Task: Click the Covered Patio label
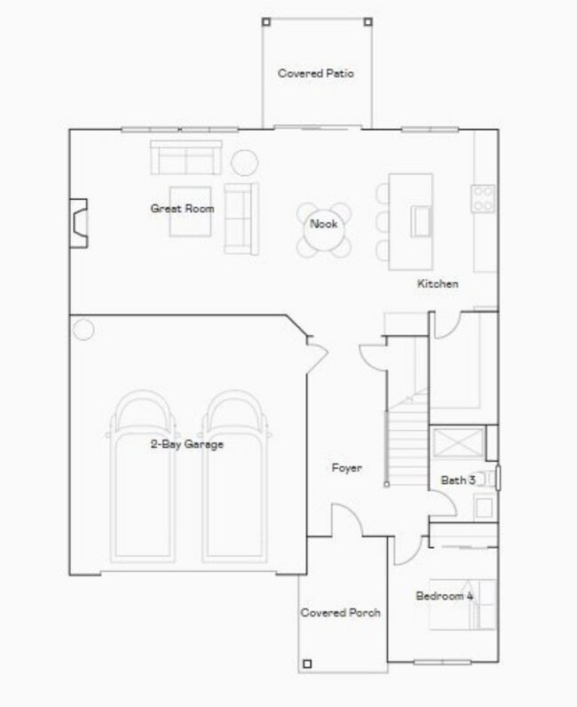315,74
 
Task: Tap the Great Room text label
182,209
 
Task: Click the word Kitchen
438,284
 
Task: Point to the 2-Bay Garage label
186,444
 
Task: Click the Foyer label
346,468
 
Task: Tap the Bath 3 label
458,481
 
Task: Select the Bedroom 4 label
445,596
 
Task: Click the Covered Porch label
341,613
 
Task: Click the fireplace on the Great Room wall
80,222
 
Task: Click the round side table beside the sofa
244,163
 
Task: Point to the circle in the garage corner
83,330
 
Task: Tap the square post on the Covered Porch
307,663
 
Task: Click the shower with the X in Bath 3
458,441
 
